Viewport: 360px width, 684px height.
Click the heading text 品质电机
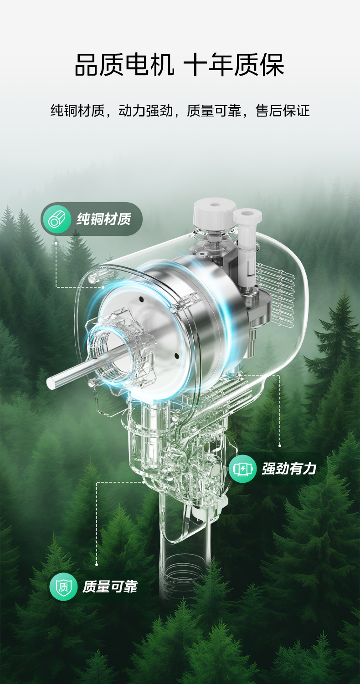pos(124,64)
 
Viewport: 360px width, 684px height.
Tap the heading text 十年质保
pos(234,64)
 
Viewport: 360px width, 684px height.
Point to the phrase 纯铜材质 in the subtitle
pos(77,111)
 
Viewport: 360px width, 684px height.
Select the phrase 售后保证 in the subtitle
pos(283,111)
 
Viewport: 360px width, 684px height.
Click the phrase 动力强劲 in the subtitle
pos(146,111)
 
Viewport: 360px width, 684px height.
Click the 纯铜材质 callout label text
pos(104,219)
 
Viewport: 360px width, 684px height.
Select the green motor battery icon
pos(242,469)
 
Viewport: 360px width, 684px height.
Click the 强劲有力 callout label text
pos(289,469)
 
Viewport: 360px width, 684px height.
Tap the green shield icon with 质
pos(63,587)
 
